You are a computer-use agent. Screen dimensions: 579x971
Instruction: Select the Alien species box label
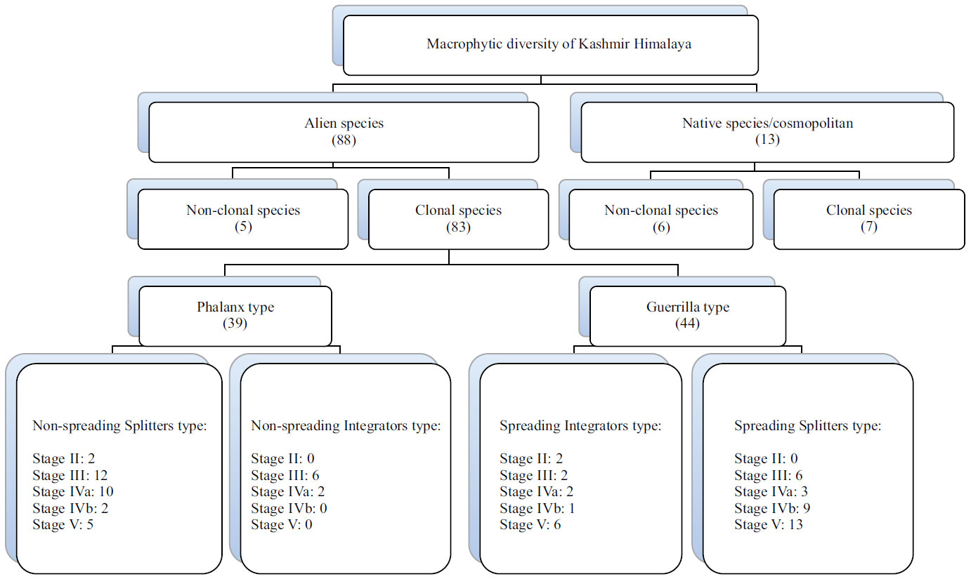click(344, 124)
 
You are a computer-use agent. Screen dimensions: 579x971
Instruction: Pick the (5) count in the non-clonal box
click(242, 227)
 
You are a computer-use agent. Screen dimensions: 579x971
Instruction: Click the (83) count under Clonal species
click(458, 227)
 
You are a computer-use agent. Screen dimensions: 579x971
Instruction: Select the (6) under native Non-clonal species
click(660, 227)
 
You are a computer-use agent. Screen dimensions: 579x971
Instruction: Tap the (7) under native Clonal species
click(869, 227)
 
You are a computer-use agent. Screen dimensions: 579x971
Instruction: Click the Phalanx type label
click(235, 307)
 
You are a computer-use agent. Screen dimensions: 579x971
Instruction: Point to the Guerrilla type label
click(686, 307)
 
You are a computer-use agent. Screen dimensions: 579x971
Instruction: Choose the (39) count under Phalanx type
click(235, 324)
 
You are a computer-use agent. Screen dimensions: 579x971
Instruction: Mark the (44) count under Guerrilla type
click(686, 324)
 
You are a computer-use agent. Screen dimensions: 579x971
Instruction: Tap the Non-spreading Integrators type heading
click(346, 425)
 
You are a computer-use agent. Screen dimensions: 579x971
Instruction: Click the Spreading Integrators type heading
click(580, 425)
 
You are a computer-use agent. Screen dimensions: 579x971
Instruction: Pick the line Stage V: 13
click(768, 524)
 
